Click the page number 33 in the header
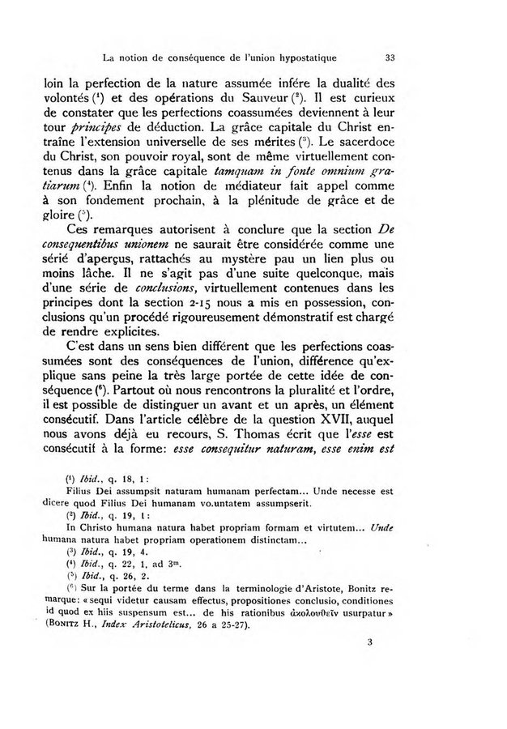tap(390, 58)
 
